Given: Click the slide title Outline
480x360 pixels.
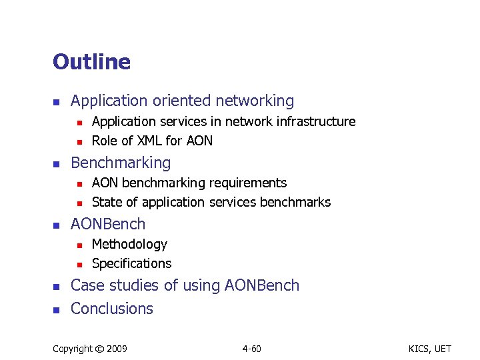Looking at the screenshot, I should click(91, 62).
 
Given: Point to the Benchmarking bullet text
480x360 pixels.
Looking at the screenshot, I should click(121, 163).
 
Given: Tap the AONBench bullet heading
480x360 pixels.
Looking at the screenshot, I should click(107, 224).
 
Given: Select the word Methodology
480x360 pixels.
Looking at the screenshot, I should click(129, 244).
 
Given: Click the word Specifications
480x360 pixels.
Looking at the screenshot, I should click(131, 263).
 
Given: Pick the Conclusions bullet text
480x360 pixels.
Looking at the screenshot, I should click(112, 309).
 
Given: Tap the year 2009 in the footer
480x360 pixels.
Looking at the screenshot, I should click(117, 349).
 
